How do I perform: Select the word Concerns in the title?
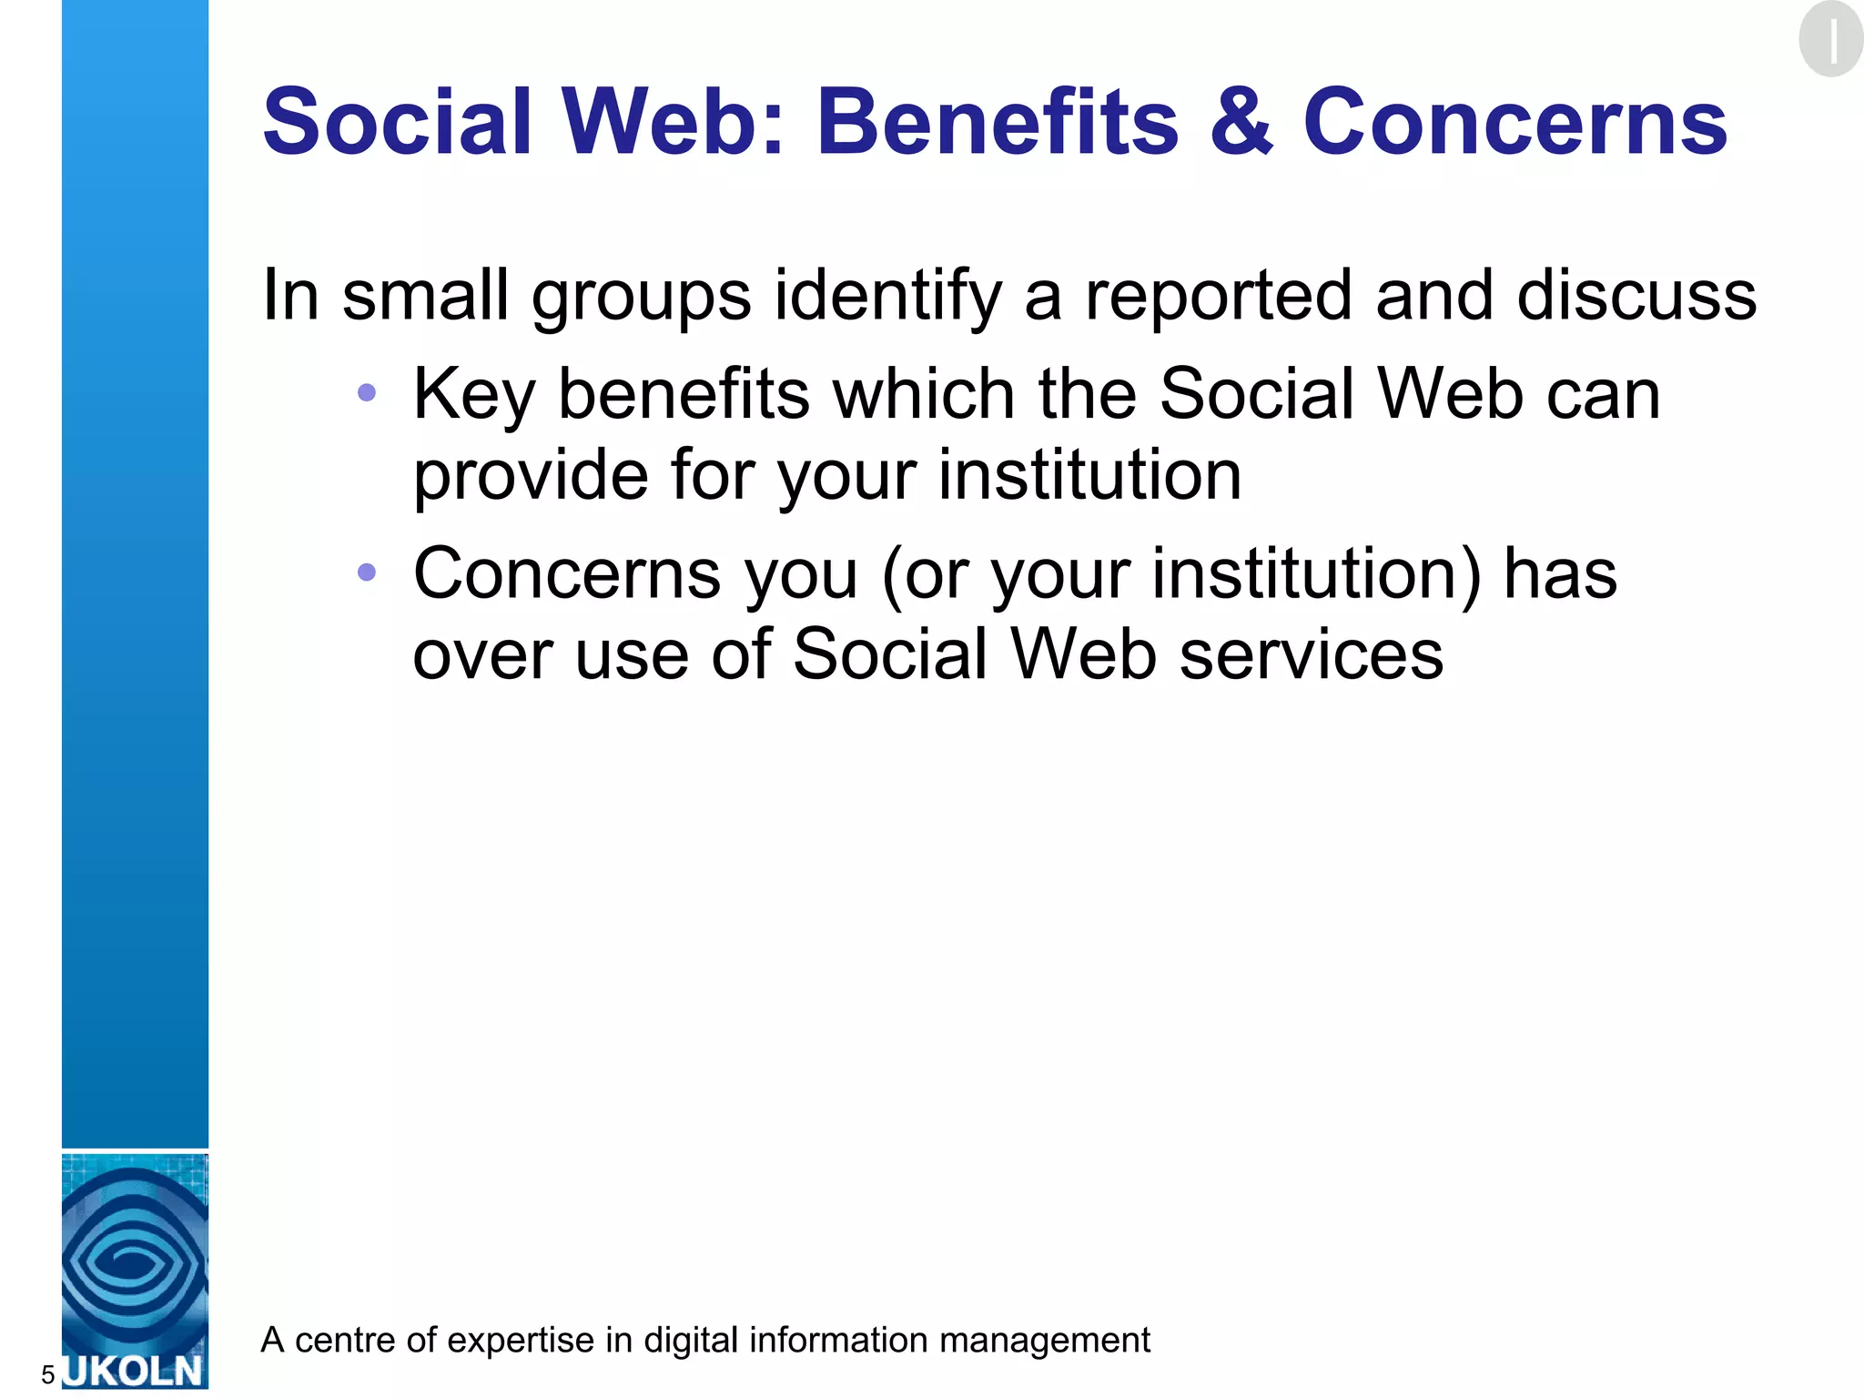(x=1514, y=123)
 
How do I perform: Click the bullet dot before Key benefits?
(x=367, y=393)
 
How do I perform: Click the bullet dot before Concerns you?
(x=367, y=572)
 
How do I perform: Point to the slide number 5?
(x=48, y=1374)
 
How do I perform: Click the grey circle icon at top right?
(x=1830, y=39)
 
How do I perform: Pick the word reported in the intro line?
(x=1219, y=296)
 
